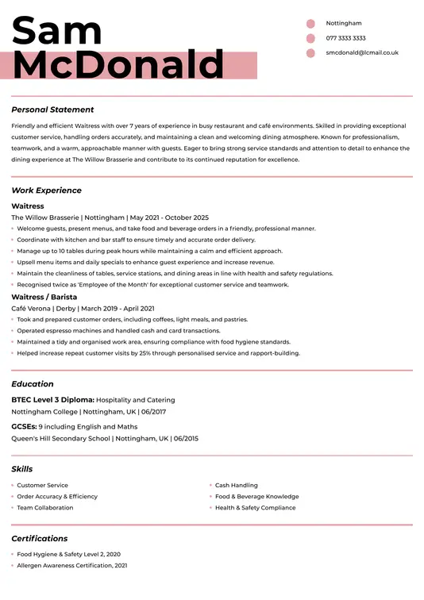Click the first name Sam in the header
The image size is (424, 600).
(x=57, y=31)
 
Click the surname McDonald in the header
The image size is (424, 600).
(x=118, y=65)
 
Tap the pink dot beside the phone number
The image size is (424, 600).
(x=310, y=38)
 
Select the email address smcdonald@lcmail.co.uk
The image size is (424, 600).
(x=362, y=52)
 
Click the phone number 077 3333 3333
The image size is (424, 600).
(x=345, y=38)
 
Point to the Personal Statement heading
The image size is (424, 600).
(x=52, y=110)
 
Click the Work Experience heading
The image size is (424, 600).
(x=46, y=190)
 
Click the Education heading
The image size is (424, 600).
(x=33, y=384)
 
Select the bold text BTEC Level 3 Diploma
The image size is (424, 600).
(x=53, y=400)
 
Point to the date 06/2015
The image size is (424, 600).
(x=186, y=438)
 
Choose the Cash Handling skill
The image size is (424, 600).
(x=237, y=485)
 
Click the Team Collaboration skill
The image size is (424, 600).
(x=45, y=508)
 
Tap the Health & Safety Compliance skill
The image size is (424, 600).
(x=255, y=508)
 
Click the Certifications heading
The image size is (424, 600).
(x=40, y=538)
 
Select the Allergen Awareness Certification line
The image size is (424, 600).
(x=72, y=566)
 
